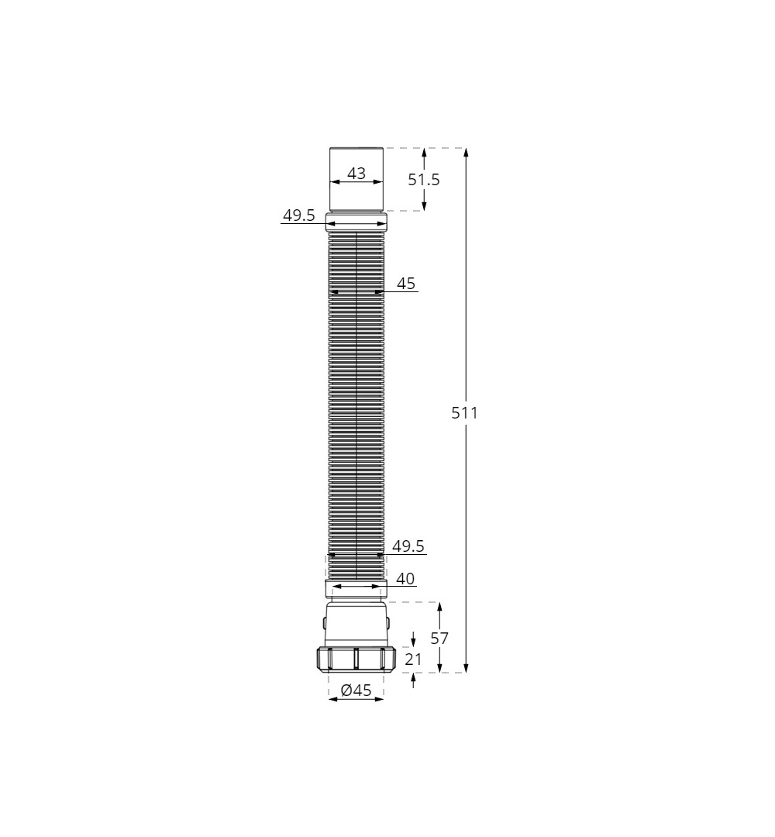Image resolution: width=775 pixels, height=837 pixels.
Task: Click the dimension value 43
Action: [x=356, y=174]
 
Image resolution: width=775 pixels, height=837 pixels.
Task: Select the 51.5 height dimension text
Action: [x=424, y=180]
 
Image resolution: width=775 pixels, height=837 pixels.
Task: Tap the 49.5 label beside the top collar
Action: [x=298, y=215]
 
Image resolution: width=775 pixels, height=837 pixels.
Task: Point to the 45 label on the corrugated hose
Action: [x=406, y=284]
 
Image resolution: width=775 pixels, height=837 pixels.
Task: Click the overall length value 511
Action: [x=465, y=413]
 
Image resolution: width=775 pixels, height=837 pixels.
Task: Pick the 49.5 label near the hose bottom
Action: [x=408, y=546]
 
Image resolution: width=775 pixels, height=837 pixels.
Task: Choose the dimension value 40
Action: [x=405, y=578]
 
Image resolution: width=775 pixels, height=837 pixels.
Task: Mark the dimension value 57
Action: [x=439, y=639]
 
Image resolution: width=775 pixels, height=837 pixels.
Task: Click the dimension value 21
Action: [x=414, y=660]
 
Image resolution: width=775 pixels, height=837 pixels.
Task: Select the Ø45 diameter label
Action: [x=356, y=690]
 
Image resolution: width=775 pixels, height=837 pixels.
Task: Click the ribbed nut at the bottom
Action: [x=356, y=659]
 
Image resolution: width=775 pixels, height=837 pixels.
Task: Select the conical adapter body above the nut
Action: [x=356, y=624]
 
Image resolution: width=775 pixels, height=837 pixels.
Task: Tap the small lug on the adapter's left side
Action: [x=322, y=622]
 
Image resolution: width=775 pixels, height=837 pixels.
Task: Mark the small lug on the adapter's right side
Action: [x=390, y=622]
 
